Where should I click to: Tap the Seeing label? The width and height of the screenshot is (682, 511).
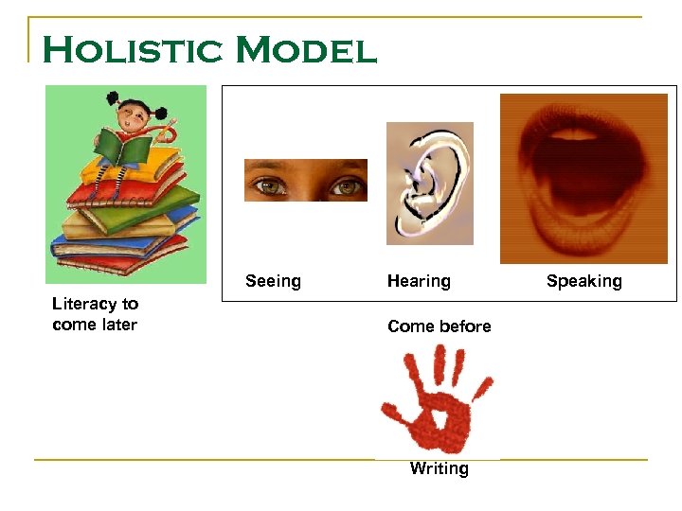click(x=273, y=281)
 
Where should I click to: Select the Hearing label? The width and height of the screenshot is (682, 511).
click(x=419, y=281)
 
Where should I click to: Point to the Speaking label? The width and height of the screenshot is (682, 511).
click(x=583, y=281)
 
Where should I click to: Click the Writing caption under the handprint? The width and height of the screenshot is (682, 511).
click(x=439, y=469)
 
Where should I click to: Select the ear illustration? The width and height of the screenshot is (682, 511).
click(x=429, y=184)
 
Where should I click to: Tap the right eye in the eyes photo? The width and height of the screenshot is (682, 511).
click(x=347, y=185)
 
